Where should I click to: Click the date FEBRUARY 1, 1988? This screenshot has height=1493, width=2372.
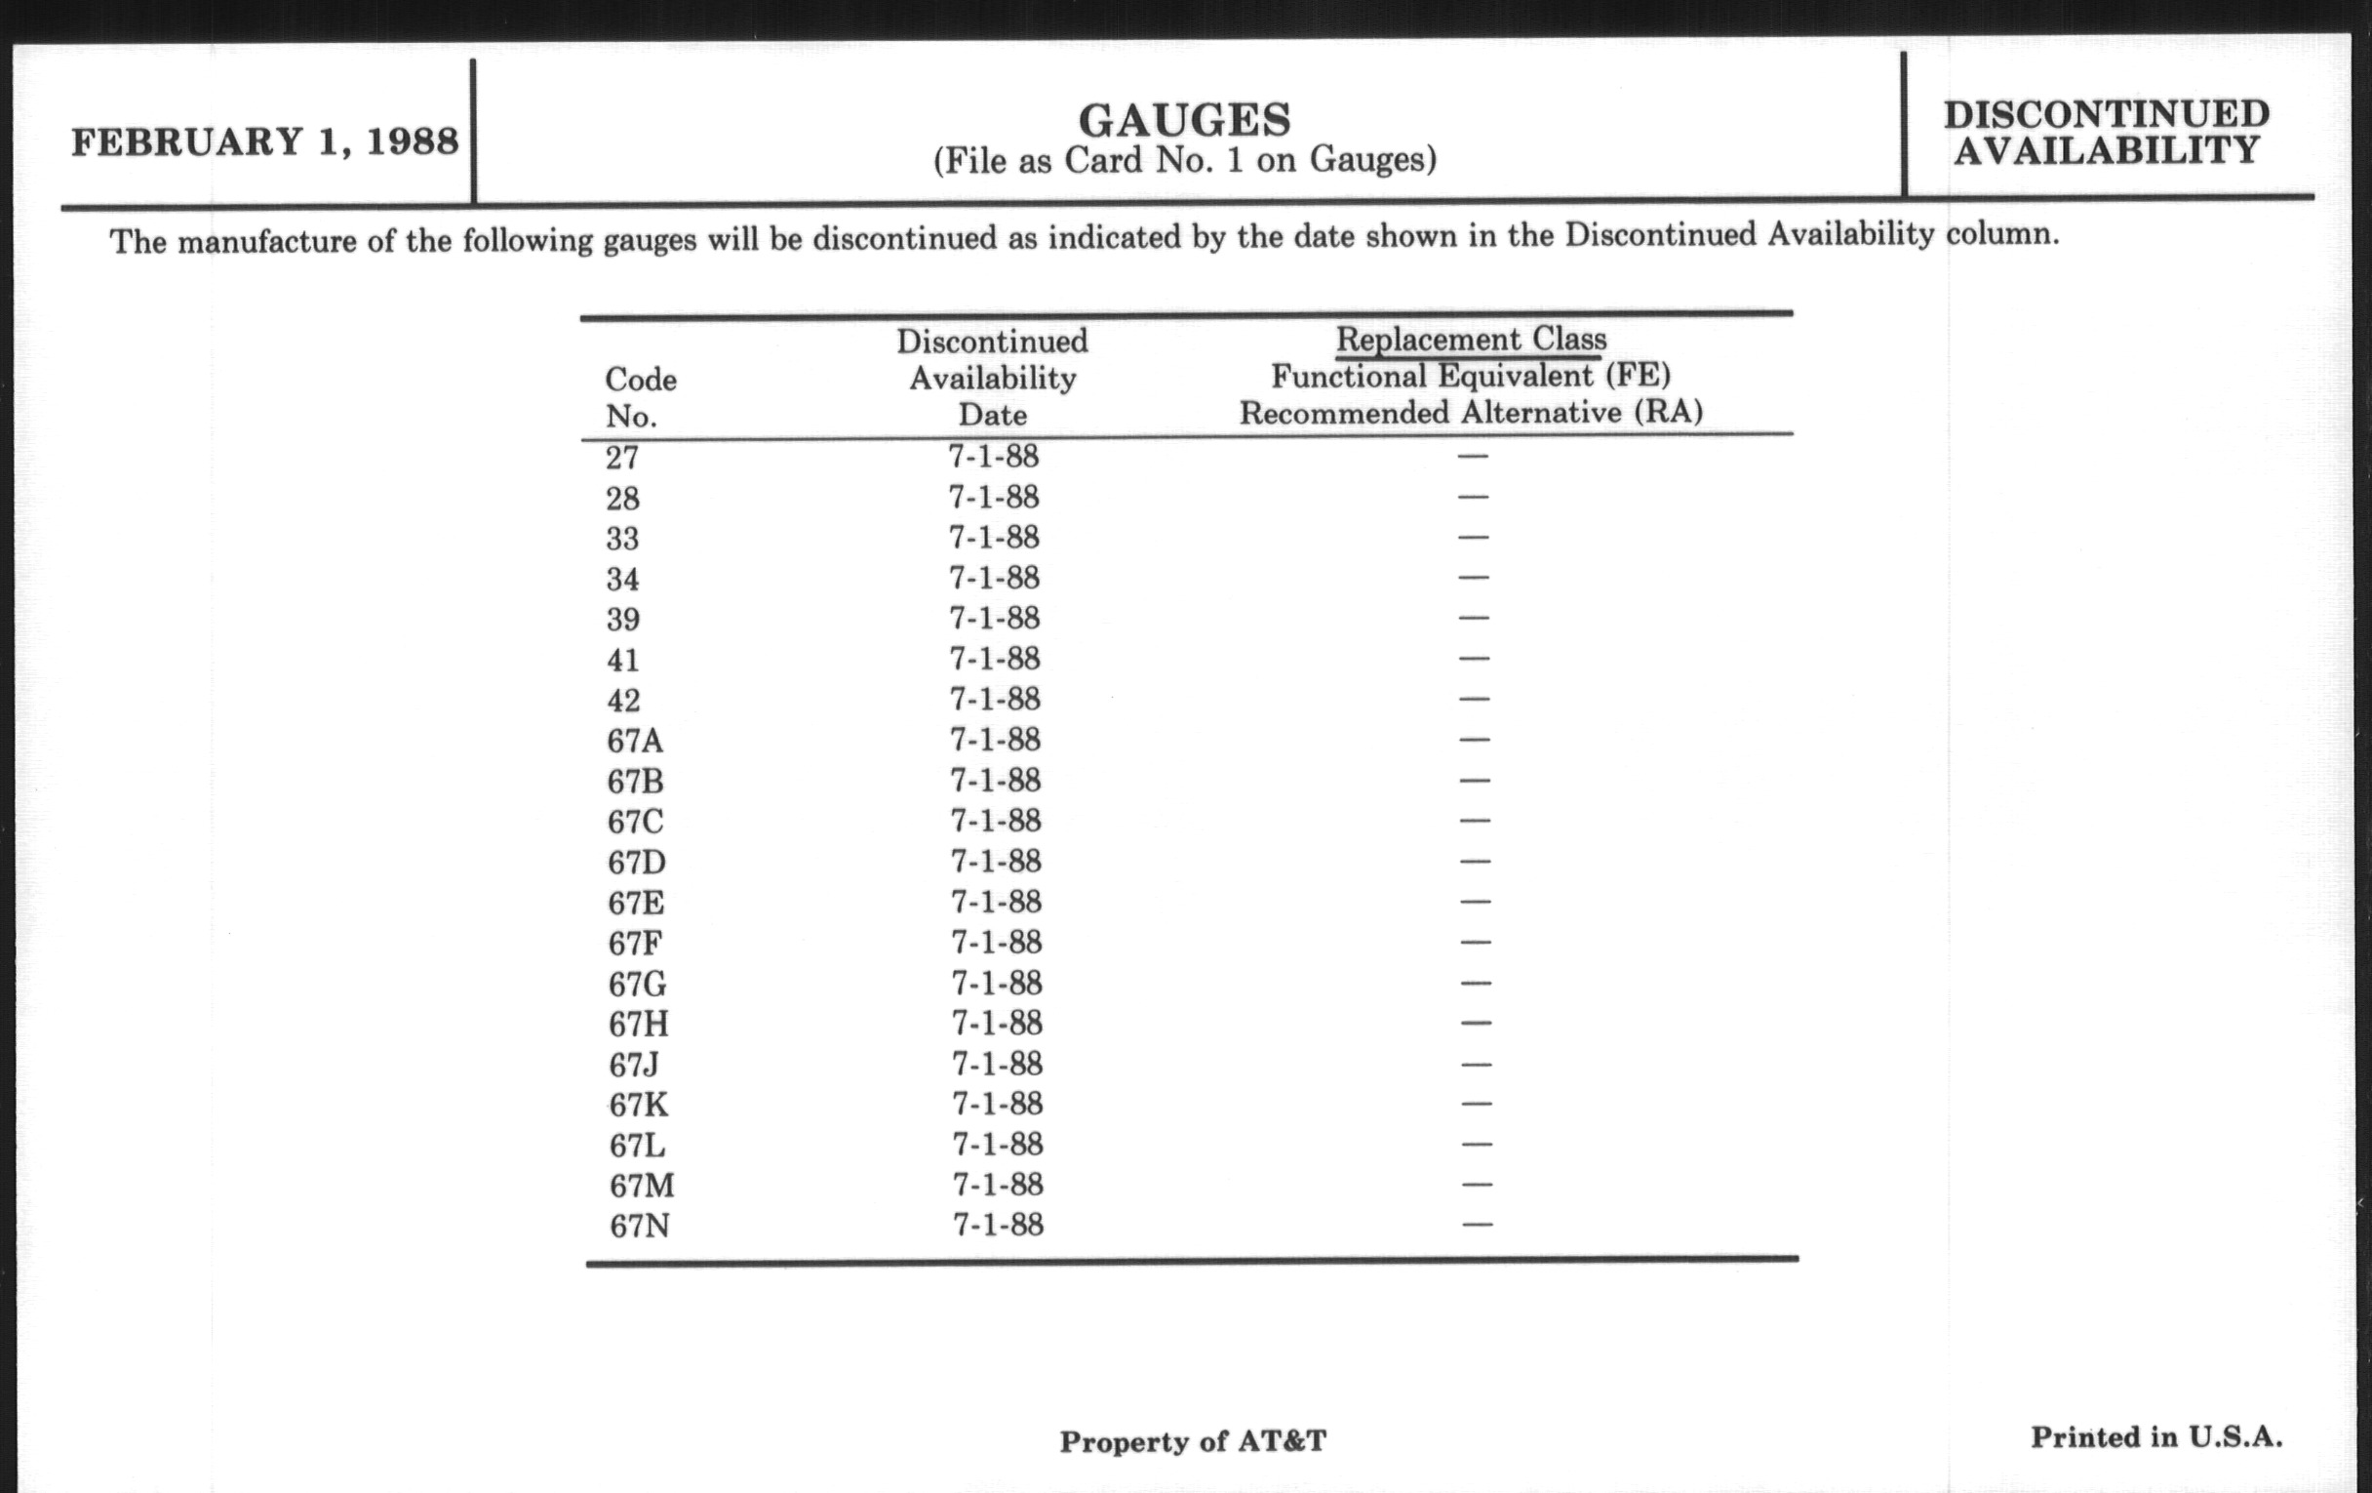[264, 141]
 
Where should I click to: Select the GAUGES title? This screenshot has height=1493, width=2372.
[1184, 120]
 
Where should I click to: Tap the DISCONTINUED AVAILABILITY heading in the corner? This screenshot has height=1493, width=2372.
[2106, 132]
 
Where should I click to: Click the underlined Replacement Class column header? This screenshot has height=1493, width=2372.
[1471, 339]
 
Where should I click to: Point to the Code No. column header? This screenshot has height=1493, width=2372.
[640, 397]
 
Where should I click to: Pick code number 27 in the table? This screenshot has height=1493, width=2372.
[622, 459]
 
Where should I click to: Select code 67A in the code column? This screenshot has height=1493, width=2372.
[635, 740]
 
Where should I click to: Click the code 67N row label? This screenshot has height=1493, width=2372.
[639, 1226]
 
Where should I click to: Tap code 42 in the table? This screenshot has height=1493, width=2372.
[623, 700]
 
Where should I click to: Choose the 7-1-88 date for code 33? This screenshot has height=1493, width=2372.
[993, 537]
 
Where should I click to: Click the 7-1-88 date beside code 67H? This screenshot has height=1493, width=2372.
[996, 1023]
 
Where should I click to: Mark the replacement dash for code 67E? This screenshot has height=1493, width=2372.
[1475, 901]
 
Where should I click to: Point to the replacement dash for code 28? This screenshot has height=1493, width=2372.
[1473, 496]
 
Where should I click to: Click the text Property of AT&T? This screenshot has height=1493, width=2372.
[1192, 1441]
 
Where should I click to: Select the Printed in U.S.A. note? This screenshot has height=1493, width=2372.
[2155, 1436]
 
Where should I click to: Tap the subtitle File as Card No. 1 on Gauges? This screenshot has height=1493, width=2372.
[1184, 160]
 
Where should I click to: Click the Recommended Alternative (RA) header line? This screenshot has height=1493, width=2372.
[1471, 413]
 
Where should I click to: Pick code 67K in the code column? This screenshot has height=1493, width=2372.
[638, 1105]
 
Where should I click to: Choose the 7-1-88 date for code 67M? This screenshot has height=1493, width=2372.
[997, 1185]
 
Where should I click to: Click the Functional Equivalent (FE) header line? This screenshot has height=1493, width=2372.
[1471, 376]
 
